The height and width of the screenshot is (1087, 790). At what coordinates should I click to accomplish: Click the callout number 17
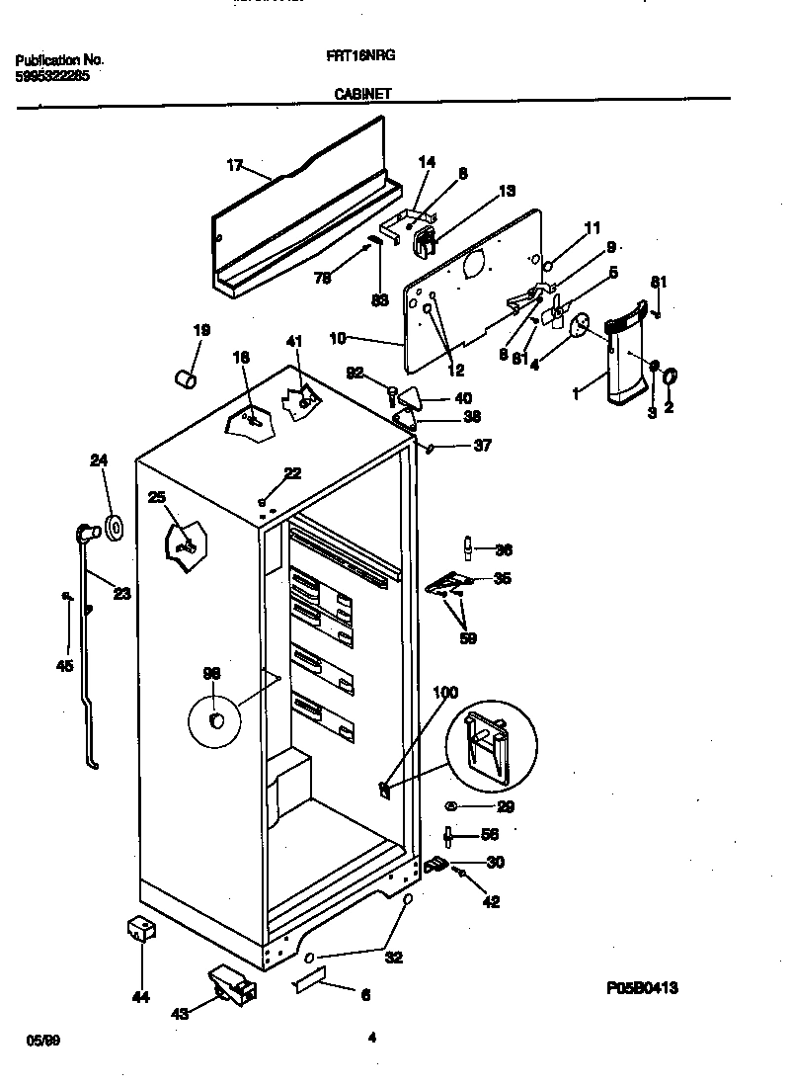tap(234, 166)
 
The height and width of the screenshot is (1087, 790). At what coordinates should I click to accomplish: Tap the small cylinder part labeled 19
tap(184, 376)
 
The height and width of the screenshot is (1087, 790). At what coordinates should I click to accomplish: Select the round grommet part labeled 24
tap(114, 528)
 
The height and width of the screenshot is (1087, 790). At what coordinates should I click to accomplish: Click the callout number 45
tap(64, 665)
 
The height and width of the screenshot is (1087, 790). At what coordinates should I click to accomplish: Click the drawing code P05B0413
tap(642, 987)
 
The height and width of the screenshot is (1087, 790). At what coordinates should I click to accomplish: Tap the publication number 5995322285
tap(52, 75)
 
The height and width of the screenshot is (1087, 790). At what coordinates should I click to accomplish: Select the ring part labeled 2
tap(669, 376)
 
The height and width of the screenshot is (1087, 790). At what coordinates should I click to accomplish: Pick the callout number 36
tap(503, 550)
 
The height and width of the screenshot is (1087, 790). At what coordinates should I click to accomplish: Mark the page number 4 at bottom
tap(370, 1038)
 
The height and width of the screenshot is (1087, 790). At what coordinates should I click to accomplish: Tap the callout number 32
tap(393, 957)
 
